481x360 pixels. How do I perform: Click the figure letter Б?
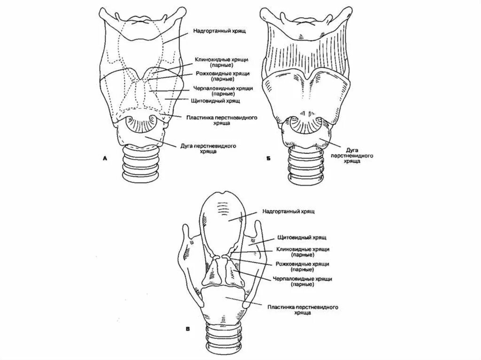click(x=267, y=160)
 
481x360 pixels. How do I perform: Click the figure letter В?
click(x=187, y=329)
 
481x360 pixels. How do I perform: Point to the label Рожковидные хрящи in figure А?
click(x=222, y=76)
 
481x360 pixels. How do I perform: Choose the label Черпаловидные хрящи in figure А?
click(x=223, y=90)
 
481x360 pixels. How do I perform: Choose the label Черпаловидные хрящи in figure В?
click(x=302, y=282)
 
